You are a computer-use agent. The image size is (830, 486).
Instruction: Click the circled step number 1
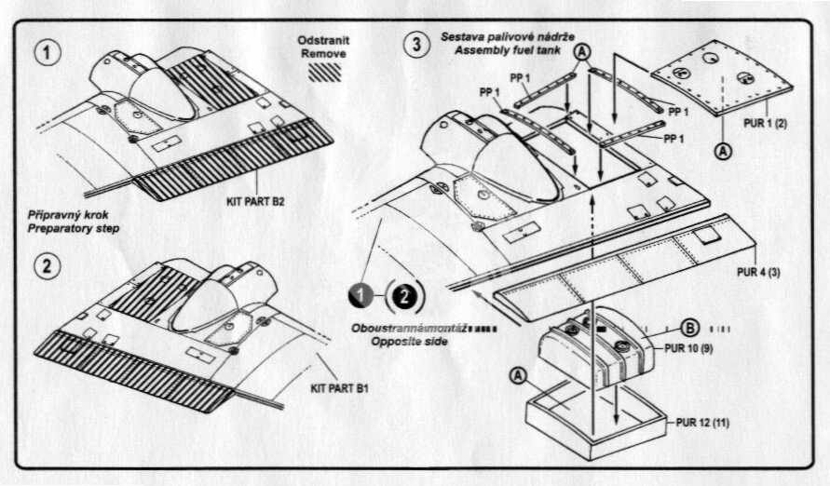48,52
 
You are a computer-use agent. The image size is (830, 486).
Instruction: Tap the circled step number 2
48,265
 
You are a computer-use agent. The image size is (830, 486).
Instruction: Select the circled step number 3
416,44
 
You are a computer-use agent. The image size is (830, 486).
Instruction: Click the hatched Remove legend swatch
324,72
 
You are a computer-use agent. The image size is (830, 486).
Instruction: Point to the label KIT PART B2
255,201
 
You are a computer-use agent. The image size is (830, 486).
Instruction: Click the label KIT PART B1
339,388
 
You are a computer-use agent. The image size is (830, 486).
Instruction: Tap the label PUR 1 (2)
766,123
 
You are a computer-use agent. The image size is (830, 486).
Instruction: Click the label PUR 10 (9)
688,348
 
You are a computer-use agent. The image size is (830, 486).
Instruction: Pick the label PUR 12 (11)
702,423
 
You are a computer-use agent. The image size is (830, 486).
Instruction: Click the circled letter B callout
689,329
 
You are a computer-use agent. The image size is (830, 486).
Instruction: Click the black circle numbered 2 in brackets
404,296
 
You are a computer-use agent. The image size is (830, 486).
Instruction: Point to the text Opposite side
409,342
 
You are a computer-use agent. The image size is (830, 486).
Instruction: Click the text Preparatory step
74,228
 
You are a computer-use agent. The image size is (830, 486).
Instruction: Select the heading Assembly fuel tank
507,51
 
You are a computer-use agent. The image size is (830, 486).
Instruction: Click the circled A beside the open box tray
519,375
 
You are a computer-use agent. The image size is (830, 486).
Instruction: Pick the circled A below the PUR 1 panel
724,151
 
